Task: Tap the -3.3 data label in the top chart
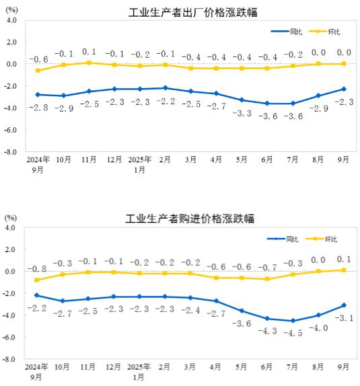tap(241, 113)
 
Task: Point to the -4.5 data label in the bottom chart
tap(293, 333)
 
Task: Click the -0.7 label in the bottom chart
tap(267, 267)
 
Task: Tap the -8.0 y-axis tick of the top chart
tap(12, 152)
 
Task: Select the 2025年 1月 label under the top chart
tap(140, 164)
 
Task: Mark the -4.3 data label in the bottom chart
tap(267, 331)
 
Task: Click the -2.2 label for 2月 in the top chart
tap(165, 102)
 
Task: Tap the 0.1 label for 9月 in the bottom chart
tap(344, 259)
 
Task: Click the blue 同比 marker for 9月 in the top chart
tap(344, 89)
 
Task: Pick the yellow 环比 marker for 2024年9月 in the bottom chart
tap(37, 280)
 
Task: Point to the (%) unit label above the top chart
tap(12, 10)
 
